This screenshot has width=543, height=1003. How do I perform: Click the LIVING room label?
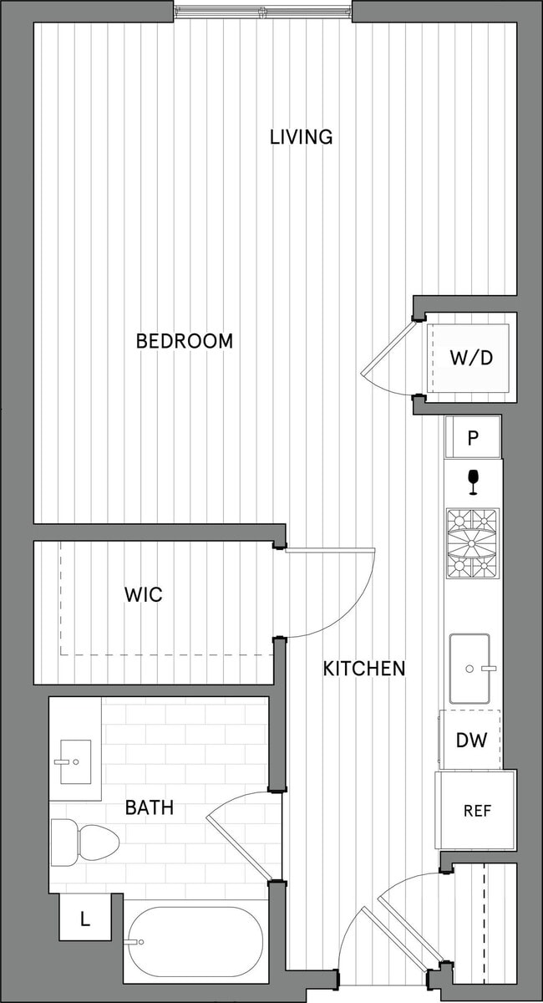[x=301, y=137]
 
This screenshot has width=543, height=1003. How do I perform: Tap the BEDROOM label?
[x=184, y=341]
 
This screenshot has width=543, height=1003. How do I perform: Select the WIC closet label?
[x=143, y=595]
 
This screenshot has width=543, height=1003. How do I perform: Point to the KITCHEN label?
[x=364, y=668]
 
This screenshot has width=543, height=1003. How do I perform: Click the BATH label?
[x=150, y=807]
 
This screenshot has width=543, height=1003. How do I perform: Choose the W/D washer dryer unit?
[x=469, y=358]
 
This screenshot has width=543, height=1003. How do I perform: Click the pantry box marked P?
[x=473, y=437]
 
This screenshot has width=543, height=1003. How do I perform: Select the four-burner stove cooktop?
[x=472, y=543]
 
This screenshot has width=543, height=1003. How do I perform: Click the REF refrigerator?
[x=475, y=810]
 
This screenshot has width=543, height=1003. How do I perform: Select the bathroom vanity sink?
[x=75, y=761]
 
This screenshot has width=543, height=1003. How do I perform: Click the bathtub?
[x=194, y=942]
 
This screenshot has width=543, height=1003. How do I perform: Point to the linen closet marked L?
[x=84, y=919]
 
